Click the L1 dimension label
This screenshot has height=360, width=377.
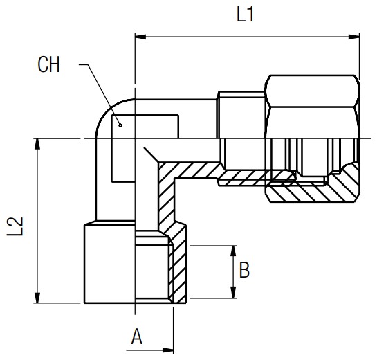[246, 15]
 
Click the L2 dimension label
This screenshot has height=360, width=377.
[15, 226]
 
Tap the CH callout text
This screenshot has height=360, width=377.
[48, 64]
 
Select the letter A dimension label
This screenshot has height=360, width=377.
[136, 337]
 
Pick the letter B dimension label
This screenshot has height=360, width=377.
[244, 270]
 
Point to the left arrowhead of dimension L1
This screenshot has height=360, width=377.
[140, 37]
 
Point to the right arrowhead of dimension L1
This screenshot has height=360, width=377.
[354, 37]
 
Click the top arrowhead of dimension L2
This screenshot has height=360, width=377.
[37, 144]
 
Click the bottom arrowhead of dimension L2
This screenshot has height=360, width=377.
[37, 298]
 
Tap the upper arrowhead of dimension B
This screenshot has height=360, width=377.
[232, 251]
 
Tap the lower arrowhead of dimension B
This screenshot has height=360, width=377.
[232, 293]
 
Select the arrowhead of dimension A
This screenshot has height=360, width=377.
[167, 350]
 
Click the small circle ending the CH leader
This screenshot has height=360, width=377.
[120, 125]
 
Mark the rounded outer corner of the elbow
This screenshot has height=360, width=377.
[107, 110]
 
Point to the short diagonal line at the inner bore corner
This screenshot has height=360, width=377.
[151, 154]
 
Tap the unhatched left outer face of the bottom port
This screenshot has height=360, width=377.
[109, 264]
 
